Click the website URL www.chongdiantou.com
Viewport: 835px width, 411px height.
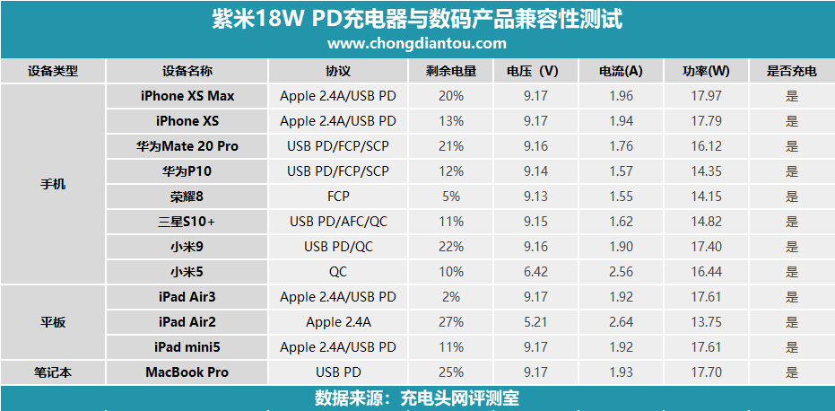(417, 43)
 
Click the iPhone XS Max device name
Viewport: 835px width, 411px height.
(187, 96)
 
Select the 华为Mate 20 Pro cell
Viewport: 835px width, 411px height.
(187, 146)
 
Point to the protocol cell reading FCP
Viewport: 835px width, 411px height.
(337, 197)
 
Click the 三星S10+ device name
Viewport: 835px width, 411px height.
(187, 222)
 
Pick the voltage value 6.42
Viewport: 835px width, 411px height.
(535, 272)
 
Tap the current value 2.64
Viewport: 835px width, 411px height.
(622, 322)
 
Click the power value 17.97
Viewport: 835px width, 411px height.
(706, 96)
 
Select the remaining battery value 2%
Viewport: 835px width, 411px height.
(451, 297)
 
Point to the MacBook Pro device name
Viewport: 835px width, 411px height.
(187, 372)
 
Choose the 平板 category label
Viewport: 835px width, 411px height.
(53, 322)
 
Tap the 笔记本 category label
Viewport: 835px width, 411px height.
(53, 372)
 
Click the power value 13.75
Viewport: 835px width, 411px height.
(706, 322)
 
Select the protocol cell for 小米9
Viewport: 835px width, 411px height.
(337, 247)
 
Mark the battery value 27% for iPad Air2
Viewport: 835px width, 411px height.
(451, 322)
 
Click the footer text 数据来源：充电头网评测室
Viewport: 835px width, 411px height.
(417, 398)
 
